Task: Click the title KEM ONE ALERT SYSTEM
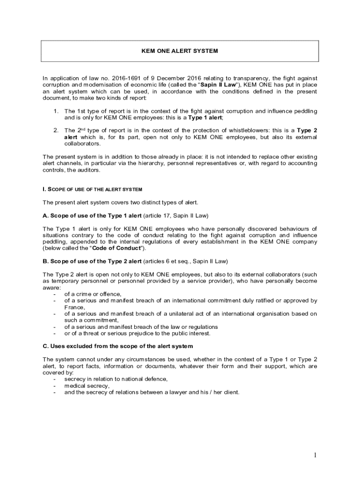(180, 51)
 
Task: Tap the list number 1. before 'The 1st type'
(56, 111)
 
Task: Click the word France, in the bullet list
(74, 307)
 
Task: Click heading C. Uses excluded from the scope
(117, 346)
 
